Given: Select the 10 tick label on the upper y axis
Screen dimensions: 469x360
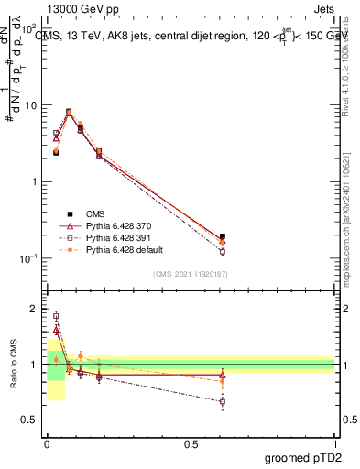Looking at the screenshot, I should pos(31,104).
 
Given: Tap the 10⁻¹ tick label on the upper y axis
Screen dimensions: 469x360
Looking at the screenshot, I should pos(29,258).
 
